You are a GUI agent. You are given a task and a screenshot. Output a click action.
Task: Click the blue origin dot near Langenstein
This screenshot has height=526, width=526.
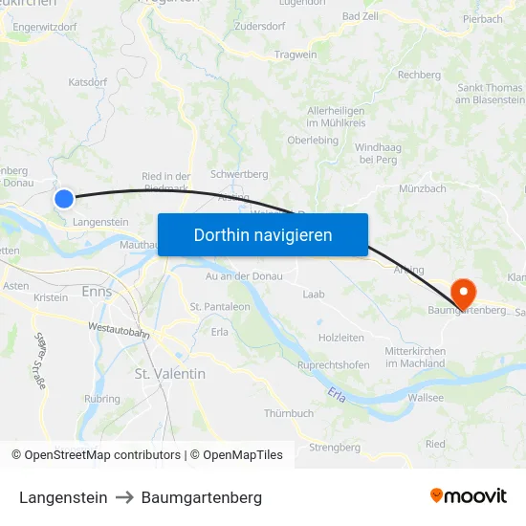tap(63, 199)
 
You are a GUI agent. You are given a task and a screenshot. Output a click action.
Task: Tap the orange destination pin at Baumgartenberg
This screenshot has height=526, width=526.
tap(464, 291)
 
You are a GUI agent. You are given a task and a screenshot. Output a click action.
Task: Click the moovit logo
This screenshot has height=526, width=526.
tap(469, 496)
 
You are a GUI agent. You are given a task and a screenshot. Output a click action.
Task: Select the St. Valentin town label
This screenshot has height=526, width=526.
tap(169, 373)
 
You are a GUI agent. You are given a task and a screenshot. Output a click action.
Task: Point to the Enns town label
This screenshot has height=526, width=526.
tap(97, 291)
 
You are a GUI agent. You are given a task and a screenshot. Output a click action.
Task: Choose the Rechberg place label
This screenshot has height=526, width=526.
tap(419, 75)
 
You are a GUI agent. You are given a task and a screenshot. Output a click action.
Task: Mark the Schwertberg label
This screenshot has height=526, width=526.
tap(238, 174)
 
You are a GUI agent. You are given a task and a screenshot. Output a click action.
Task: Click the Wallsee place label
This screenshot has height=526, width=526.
tap(426, 397)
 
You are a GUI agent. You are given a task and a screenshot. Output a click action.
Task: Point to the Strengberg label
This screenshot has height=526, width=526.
tap(335, 447)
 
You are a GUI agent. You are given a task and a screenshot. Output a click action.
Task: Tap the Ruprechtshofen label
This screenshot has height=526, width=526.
tap(334, 364)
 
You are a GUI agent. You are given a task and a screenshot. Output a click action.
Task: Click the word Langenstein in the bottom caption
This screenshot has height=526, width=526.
tap(63, 497)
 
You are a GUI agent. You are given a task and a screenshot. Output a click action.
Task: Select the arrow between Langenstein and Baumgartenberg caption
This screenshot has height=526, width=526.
tap(124, 497)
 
